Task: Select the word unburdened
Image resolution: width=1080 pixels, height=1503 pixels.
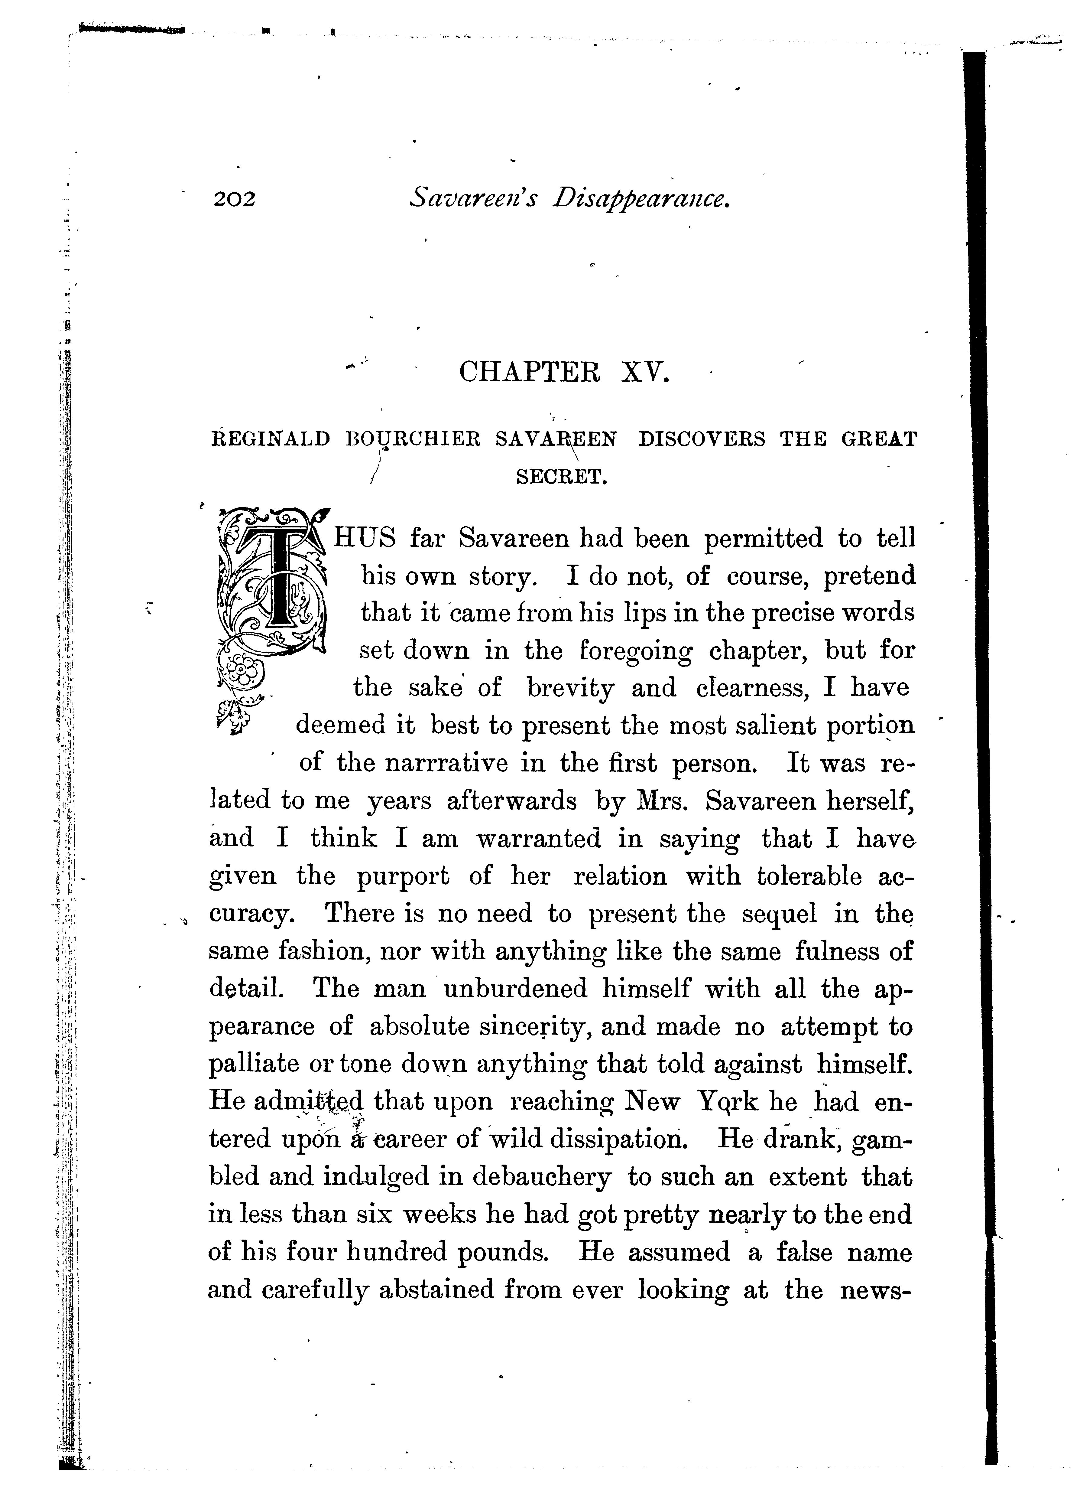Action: click(515, 989)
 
